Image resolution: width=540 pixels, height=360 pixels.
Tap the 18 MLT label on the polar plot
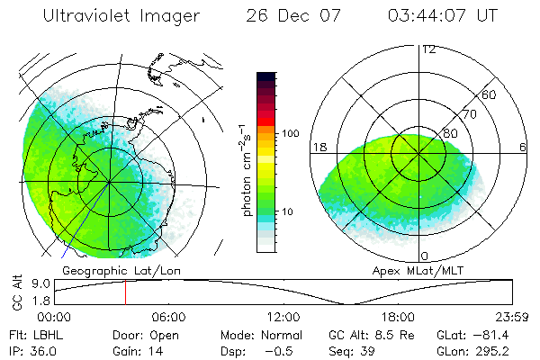point(319,146)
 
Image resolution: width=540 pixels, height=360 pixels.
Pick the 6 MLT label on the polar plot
point(522,146)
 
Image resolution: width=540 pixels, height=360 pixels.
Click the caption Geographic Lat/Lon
point(109,269)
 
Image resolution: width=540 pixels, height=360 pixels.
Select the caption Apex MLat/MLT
point(410,269)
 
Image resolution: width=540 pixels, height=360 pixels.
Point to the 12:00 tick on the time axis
point(283,317)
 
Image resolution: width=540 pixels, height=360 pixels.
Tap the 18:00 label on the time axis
point(397,317)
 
